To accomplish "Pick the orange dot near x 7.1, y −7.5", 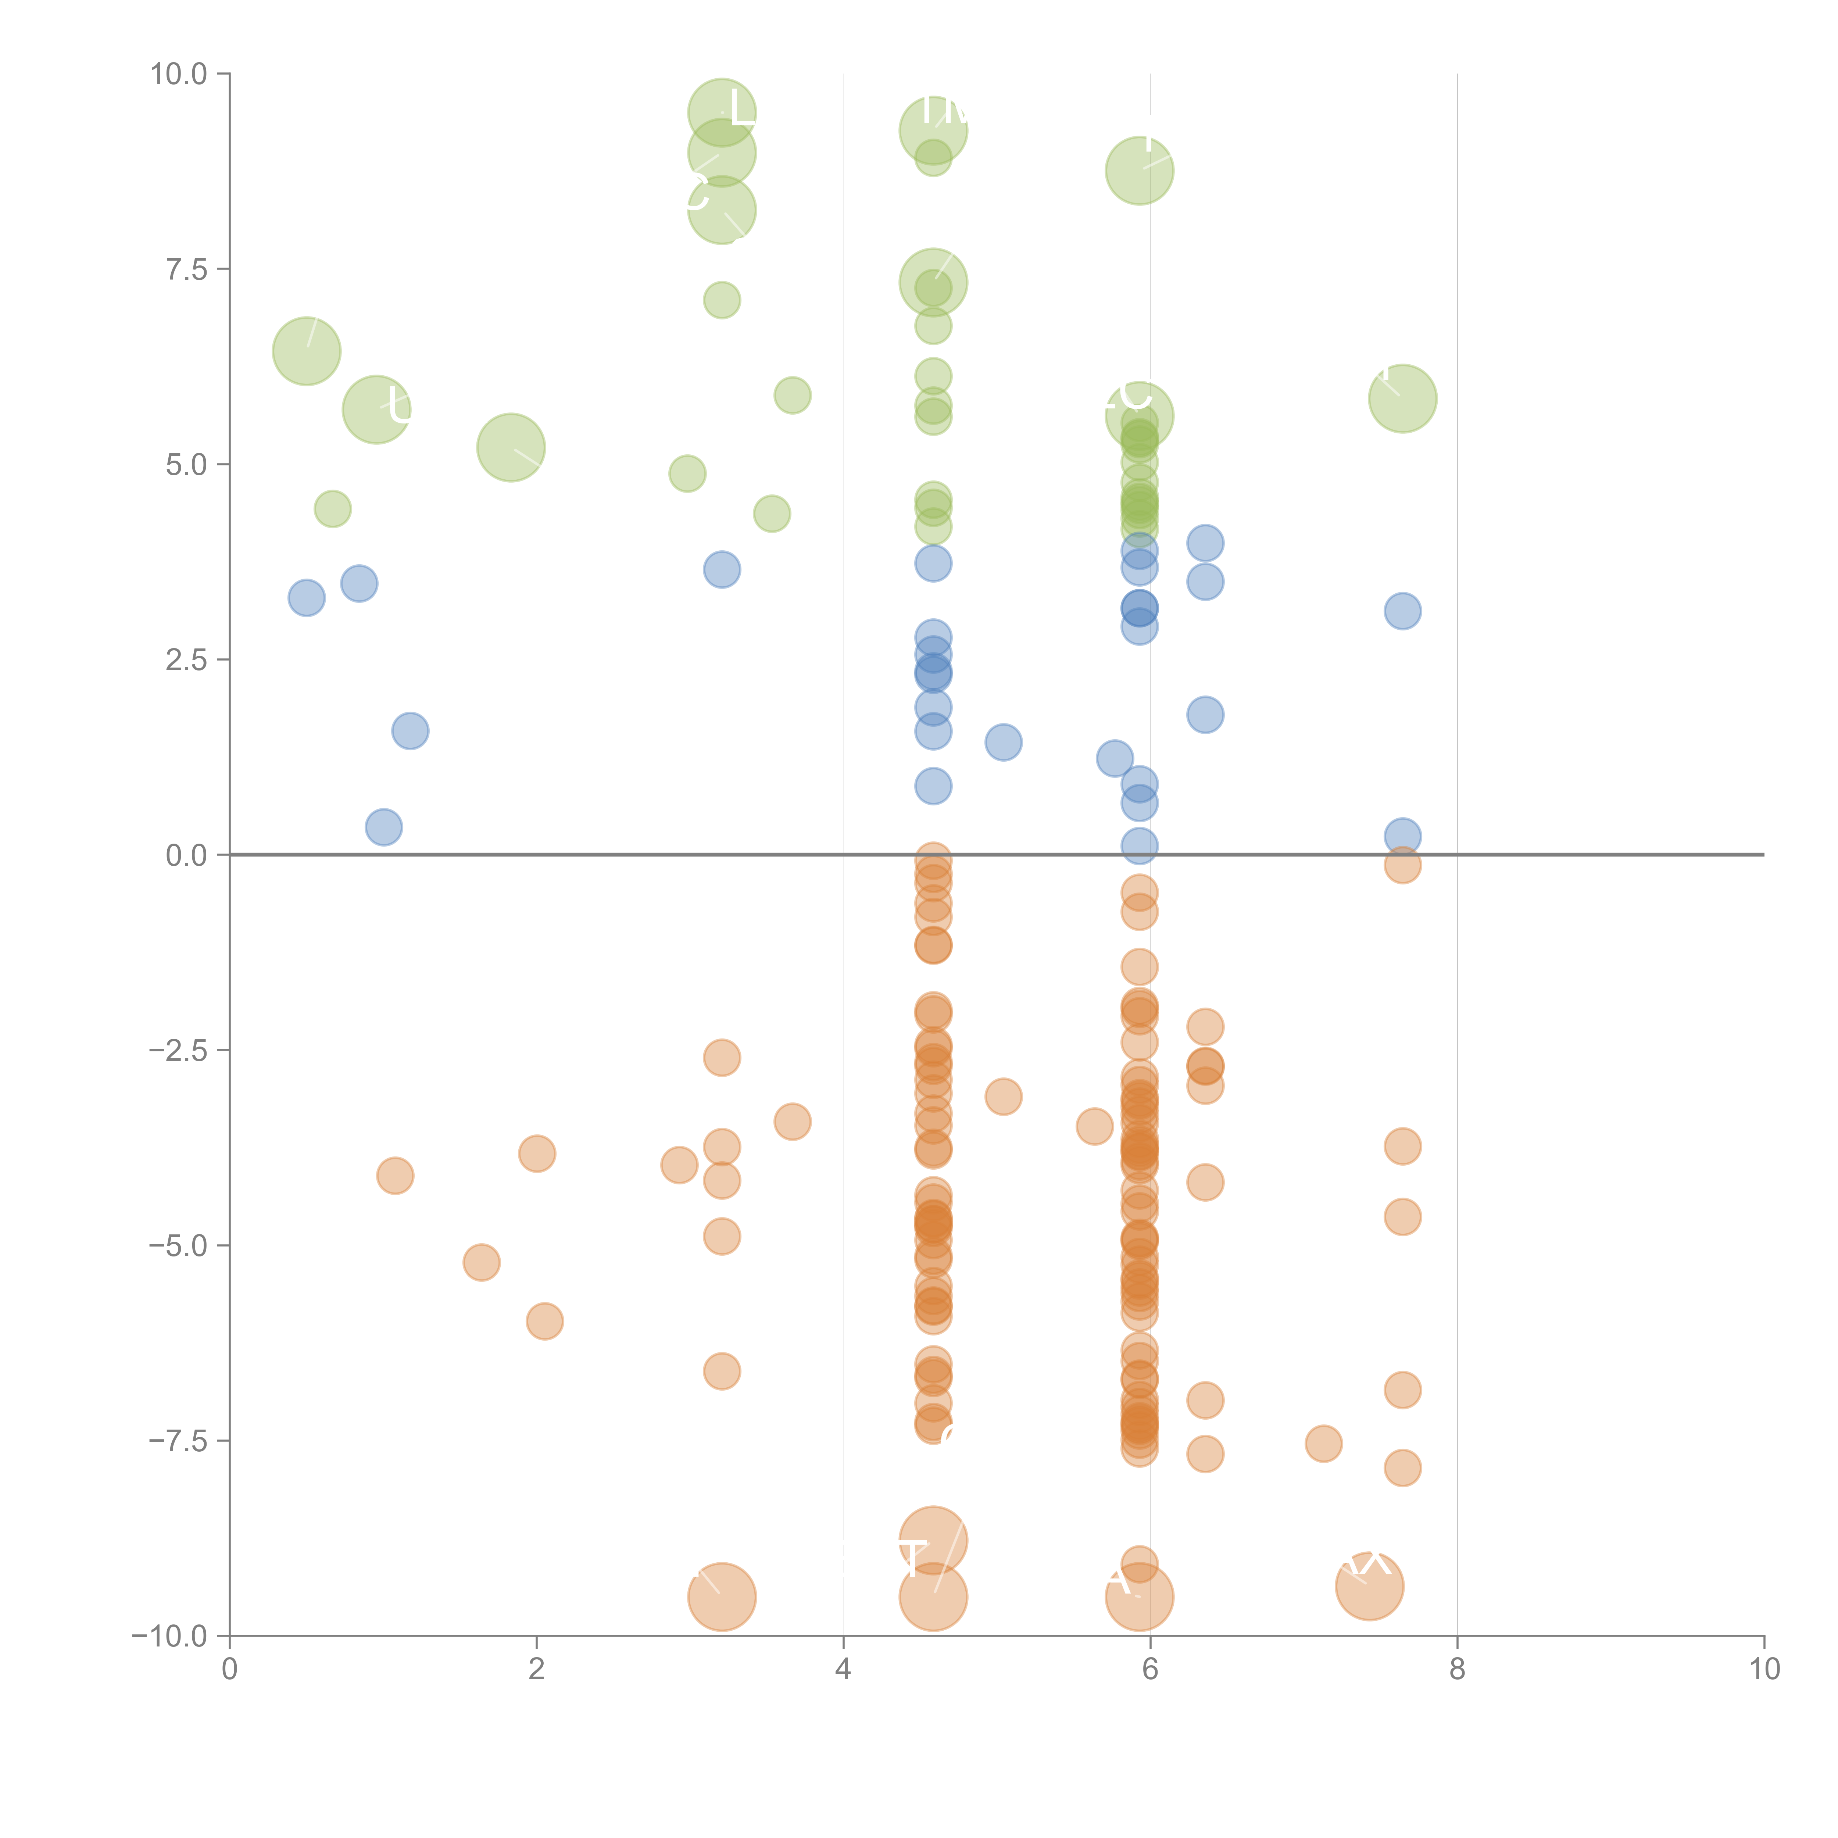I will [1323, 1443].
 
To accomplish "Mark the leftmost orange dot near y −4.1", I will [395, 1176].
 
